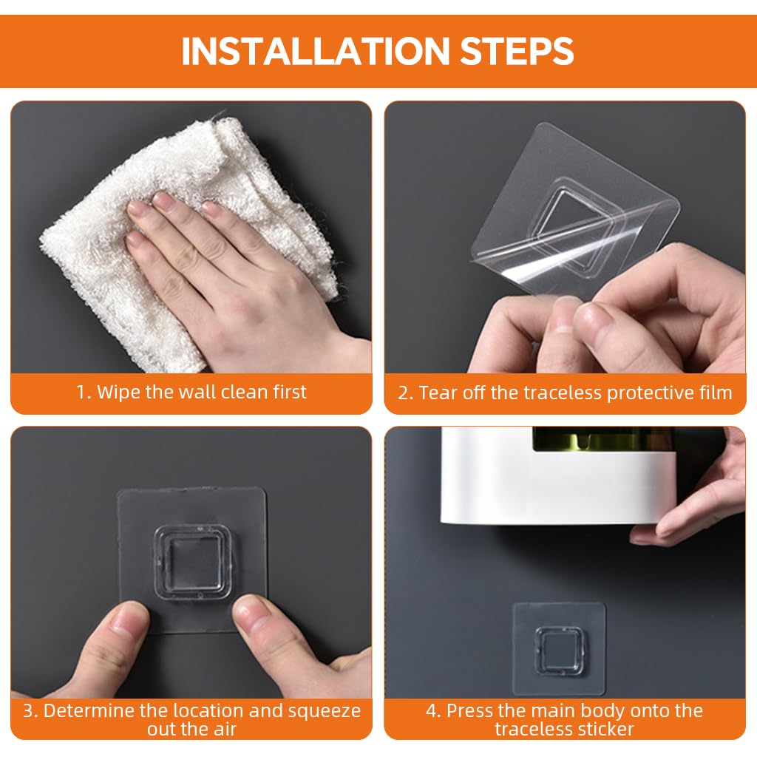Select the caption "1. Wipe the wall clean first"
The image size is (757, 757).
191,392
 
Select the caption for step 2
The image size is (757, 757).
565,393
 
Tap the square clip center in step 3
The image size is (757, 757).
191,563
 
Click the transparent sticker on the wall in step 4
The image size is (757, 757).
559,648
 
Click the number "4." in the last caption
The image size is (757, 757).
433,710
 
